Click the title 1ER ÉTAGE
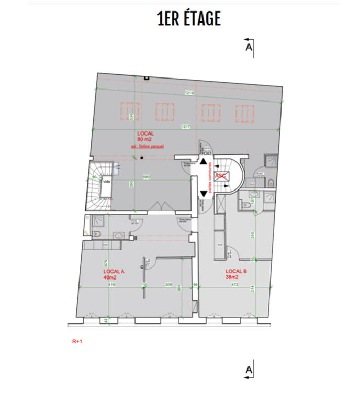click(188, 18)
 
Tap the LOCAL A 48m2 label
click(114, 274)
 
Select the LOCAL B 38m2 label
click(236, 274)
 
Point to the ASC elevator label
click(220, 176)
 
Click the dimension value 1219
click(189, 93)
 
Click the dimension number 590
click(147, 177)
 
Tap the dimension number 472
click(235, 285)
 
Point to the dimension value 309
click(168, 285)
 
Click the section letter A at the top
click(249, 47)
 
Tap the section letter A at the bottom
click(249, 371)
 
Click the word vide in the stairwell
click(107, 182)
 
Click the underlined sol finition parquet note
click(148, 147)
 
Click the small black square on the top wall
click(147, 78)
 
